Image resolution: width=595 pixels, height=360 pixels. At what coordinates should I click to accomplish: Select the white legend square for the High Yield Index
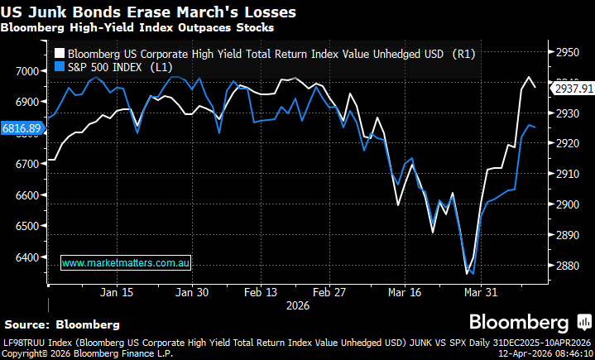pyautogui.click(x=59, y=54)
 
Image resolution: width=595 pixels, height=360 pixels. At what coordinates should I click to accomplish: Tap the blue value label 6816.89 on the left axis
pyautogui.click(x=22, y=128)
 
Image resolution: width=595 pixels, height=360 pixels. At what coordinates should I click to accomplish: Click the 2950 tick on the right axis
pyautogui.click(x=565, y=52)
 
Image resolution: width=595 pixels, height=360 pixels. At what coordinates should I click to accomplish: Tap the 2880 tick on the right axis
pyautogui.click(x=565, y=266)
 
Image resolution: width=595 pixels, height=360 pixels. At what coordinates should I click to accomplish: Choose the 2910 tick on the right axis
pyautogui.click(x=565, y=174)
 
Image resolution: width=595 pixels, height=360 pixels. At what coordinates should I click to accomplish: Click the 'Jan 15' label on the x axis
pyautogui.click(x=116, y=292)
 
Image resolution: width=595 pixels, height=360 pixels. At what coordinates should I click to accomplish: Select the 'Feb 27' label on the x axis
pyautogui.click(x=329, y=292)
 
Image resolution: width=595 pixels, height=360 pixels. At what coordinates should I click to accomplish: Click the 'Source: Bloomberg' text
pyautogui.click(x=62, y=324)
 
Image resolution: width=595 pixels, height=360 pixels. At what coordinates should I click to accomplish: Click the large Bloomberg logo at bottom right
pyautogui.click(x=519, y=322)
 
